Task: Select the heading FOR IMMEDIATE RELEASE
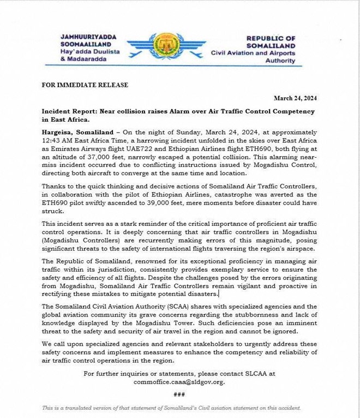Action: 85,85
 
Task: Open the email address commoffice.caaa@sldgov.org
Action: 179,381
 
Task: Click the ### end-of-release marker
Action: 179,394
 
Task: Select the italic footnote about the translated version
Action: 171,408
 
